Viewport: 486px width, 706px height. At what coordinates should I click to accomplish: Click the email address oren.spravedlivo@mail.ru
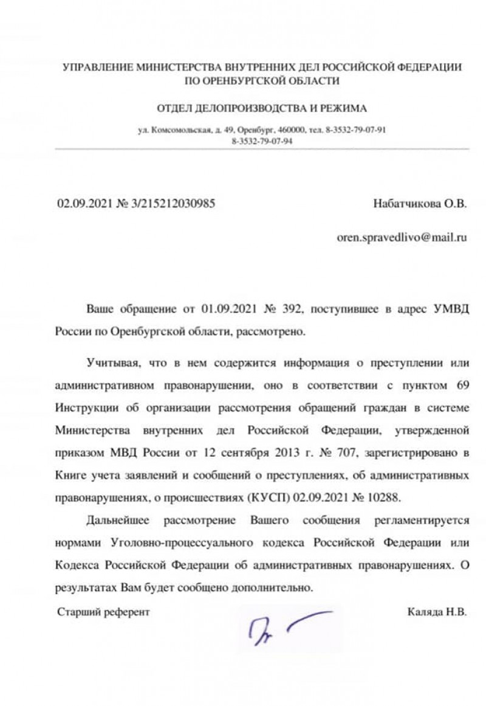402,238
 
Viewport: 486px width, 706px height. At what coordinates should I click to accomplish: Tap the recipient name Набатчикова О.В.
420,204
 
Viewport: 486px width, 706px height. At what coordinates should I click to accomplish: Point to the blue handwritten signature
286,626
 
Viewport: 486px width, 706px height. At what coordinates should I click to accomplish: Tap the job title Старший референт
103,612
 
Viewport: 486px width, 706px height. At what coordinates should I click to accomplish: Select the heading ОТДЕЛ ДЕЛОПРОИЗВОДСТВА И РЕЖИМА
262,109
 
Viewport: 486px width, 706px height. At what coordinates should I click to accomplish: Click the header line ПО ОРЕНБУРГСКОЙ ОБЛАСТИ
262,80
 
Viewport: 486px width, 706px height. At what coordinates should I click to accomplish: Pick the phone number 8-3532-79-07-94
262,140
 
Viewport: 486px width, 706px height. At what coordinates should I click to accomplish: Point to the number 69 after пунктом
461,386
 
